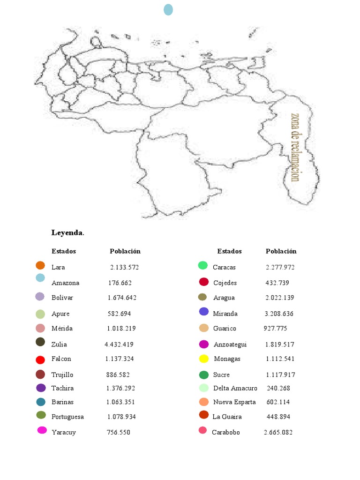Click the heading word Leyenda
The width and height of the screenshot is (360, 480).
pyautogui.click(x=67, y=232)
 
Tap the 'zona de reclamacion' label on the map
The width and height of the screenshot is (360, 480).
pyautogui.click(x=295, y=147)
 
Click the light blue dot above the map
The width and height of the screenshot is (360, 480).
pyautogui.click(x=168, y=9)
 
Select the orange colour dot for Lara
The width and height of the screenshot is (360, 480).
pyautogui.click(x=40, y=265)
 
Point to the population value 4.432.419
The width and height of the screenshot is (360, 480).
pyautogui.click(x=119, y=344)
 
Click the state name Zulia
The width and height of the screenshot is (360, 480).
pyautogui.click(x=59, y=344)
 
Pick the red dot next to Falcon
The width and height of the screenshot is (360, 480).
pyautogui.click(x=40, y=360)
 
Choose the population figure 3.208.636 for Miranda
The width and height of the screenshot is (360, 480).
pyautogui.click(x=279, y=314)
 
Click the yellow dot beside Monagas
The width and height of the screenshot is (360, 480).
pyautogui.click(x=203, y=359)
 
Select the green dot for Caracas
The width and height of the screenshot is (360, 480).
pyautogui.click(x=203, y=265)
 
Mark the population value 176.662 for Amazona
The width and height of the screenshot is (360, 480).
pyautogui.click(x=120, y=283)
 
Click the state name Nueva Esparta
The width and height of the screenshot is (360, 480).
pyautogui.click(x=234, y=402)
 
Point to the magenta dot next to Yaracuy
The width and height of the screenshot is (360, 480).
pyautogui.click(x=42, y=430)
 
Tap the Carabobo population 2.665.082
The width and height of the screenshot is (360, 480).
pyautogui.click(x=278, y=432)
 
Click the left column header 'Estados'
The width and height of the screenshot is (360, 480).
pyautogui.click(x=63, y=251)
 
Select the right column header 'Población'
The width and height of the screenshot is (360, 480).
pyautogui.click(x=281, y=251)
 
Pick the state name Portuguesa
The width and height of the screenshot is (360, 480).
pyautogui.click(x=67, y=417)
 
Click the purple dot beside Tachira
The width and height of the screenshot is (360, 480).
pyautogui.click(x=41, y=388)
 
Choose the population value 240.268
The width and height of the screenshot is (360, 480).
pyautogui.click(x=278, y=388)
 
